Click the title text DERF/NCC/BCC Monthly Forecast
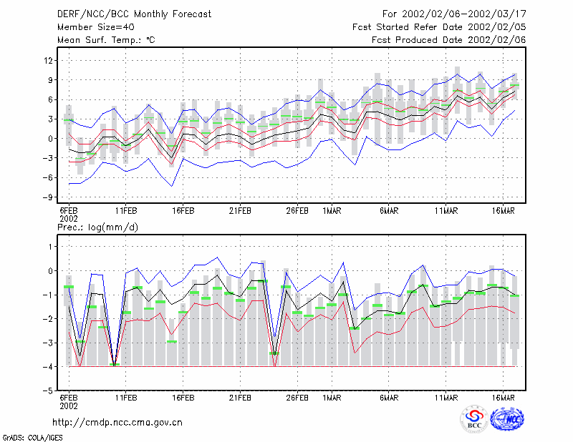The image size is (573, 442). point(134,14)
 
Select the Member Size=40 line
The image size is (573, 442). point(96,27)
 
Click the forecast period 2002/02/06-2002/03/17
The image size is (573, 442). point(463,14)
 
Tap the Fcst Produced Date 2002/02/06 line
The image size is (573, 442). point(449,40)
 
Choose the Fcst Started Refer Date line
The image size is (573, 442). point(439,27)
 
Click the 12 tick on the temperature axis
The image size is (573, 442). point(48,60)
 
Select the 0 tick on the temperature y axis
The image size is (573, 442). point(50,139)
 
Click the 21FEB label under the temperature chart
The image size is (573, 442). point(240,211)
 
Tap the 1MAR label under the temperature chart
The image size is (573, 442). point(332,211)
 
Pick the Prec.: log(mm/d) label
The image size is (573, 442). point(97,227)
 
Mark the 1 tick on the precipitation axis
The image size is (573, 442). point(50,247)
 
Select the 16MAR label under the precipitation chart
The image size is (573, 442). point(504,398)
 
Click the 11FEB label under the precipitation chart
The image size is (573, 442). point(126,398)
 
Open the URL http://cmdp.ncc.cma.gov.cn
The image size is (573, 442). point(117,423)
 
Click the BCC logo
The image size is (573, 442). point(474,419)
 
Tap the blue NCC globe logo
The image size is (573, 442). point(507,419)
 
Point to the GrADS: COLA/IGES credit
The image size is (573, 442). point(32,438)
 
